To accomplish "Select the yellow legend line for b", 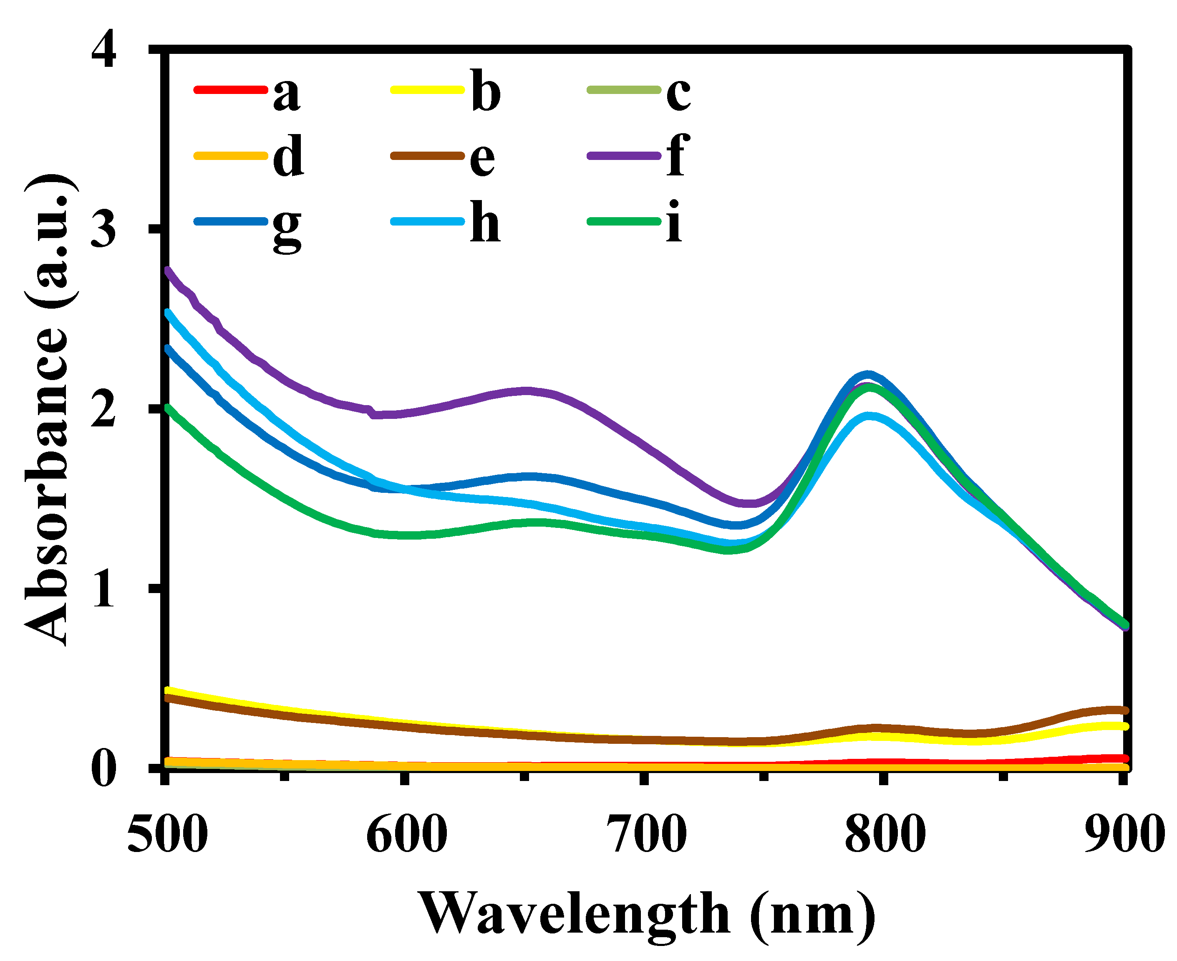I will tap(427, 90).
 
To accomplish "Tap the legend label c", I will tap(678, 94).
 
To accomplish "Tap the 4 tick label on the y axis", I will tap(103, 51).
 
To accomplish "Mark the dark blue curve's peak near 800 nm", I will tap(867, 375).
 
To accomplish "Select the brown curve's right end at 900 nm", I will tap(1124, 710).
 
